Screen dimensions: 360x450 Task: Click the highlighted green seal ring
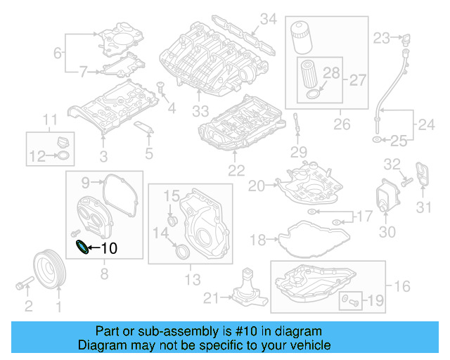coord(82,247)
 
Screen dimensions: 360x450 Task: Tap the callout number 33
coord(201,111)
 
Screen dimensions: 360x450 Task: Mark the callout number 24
coord(426,125)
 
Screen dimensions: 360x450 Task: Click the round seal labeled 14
coord(181,251)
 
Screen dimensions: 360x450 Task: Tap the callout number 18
coord(258,240)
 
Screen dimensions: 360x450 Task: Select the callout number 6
coord(58,51)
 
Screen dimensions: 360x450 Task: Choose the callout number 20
coord(255,186)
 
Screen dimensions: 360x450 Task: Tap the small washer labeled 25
coord(378,141)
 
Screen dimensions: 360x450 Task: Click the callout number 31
coord(423,207)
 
